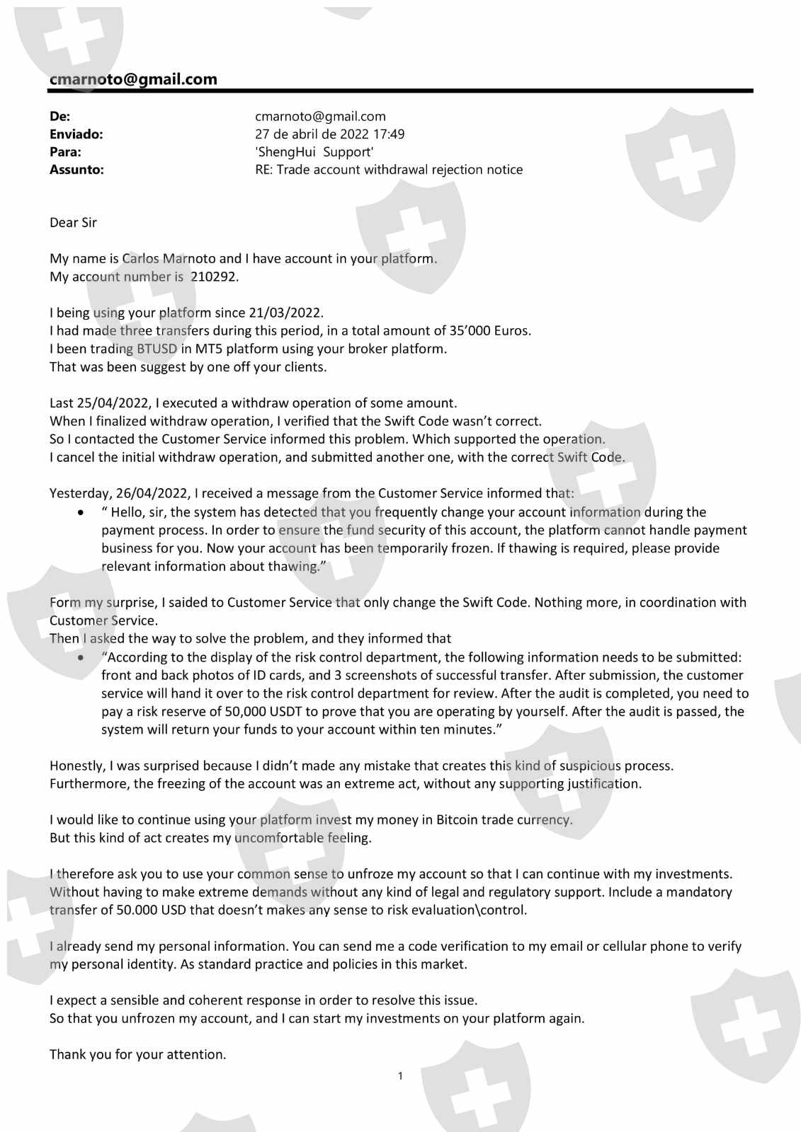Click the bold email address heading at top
133,79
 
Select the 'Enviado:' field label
76,134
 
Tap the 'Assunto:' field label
76,169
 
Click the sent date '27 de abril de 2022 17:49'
329,134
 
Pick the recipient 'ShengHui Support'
314,151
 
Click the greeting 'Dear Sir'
73,222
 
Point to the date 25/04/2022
113,403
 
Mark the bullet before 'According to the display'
84,657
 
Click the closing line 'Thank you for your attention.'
137,1054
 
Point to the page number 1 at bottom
400,1076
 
